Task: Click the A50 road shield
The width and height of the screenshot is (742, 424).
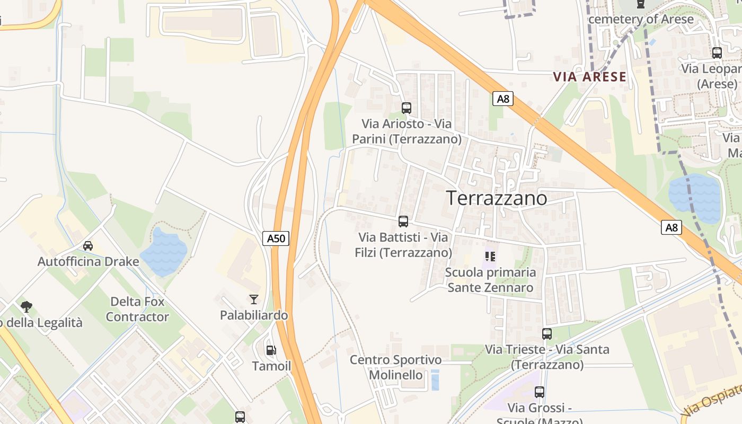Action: [276, 238]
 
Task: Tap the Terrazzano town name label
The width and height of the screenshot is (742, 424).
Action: [497, 198]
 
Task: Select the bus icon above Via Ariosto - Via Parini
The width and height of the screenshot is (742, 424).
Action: [407, 108]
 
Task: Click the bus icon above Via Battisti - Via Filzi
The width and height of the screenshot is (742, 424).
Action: [403, 222]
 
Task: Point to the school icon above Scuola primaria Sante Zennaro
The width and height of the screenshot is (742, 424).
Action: [490, 257]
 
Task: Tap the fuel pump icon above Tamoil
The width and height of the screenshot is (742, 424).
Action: [271, 350]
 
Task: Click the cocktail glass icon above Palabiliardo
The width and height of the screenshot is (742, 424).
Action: [254, 299]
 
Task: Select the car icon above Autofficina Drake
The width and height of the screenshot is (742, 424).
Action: [88, 245]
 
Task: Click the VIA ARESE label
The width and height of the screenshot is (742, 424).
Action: [590, 77]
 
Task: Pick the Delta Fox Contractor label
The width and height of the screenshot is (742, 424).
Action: [137, 310]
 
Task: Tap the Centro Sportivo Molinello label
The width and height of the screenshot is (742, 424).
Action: [395, 367]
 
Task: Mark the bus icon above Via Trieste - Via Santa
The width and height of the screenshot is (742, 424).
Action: [547, 334]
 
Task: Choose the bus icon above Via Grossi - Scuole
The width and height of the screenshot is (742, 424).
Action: [540, 392]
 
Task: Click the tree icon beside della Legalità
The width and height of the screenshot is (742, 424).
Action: [26, 306]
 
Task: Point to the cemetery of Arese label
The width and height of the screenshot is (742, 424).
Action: [641, 19]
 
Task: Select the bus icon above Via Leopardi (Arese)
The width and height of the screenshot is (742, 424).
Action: [717, 53]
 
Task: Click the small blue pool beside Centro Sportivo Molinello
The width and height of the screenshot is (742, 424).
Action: [435, 380]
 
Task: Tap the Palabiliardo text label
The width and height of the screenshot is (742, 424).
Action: [254, 315]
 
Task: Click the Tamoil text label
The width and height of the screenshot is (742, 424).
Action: [271, 366]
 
